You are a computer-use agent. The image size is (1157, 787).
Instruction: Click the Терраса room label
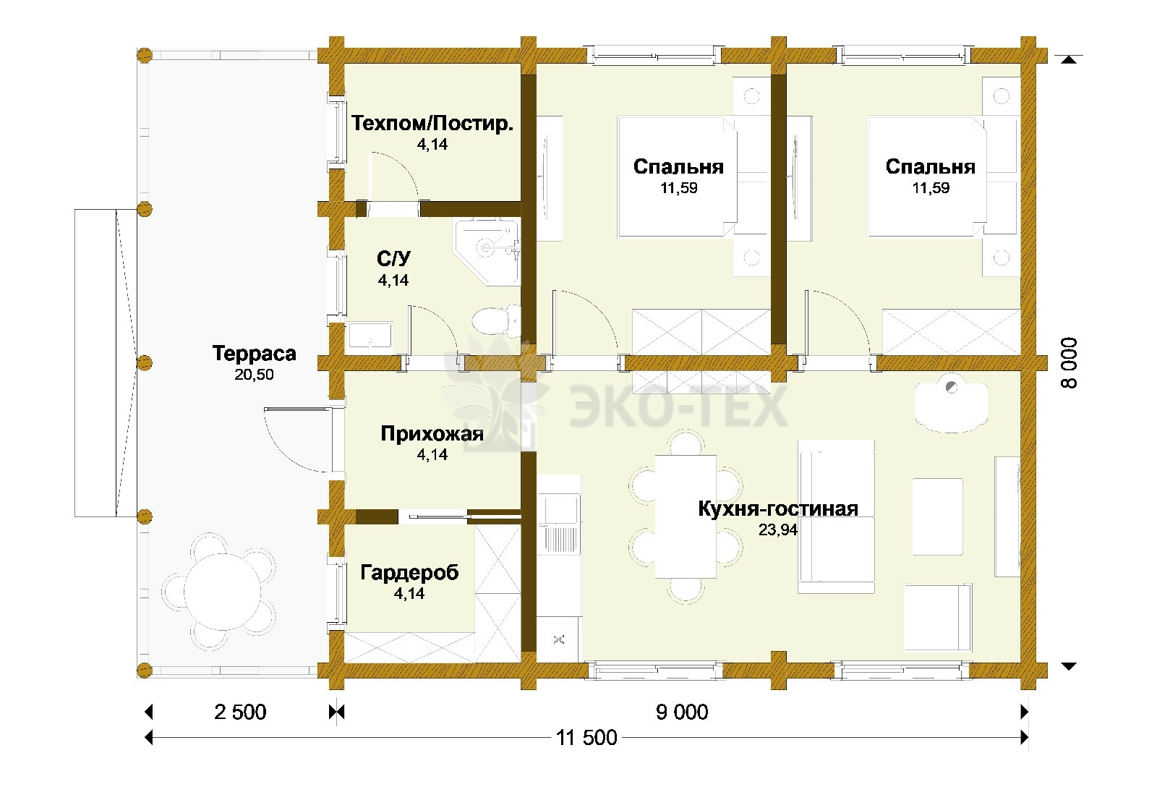(x=254, y=354)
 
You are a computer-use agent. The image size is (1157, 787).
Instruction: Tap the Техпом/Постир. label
(x=432, y=124)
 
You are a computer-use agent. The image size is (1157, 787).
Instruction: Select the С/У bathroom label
(x=393, y=258)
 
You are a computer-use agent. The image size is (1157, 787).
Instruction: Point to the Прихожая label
(x=432, y=434)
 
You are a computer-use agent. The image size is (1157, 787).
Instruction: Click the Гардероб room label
(x=409, y=573)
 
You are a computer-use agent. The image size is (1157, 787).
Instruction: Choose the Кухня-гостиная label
(x=778, y=509)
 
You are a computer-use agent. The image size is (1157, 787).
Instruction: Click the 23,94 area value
(x=778, y=529)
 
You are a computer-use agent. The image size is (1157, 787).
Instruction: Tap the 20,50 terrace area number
(x=254, y=374)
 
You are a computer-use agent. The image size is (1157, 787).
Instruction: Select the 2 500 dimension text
(x=240, y=712)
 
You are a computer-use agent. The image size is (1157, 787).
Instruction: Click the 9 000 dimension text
(x=682, y=712)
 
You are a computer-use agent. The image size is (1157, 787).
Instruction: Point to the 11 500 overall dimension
(x=586, y=737)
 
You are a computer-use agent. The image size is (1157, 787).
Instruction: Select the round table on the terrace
(x=221, y=592)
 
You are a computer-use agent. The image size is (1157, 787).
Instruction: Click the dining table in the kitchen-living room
(x=686, y=516)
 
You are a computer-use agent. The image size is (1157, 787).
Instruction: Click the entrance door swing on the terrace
(x=296, y=440)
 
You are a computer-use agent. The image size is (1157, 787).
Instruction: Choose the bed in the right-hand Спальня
(x=927, y=176)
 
